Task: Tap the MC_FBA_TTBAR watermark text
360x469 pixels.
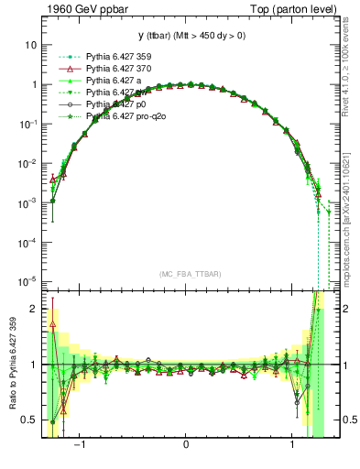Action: [185, 275]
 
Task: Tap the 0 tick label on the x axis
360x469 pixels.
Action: [186, 449]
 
